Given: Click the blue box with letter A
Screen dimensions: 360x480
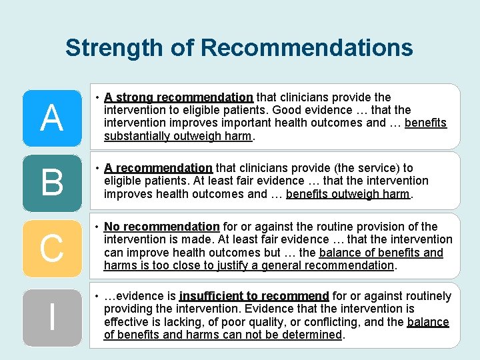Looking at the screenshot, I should pos(51,118).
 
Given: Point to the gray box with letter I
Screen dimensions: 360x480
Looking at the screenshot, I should pos(51,315).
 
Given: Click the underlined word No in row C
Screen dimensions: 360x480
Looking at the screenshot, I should pos(112,227).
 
